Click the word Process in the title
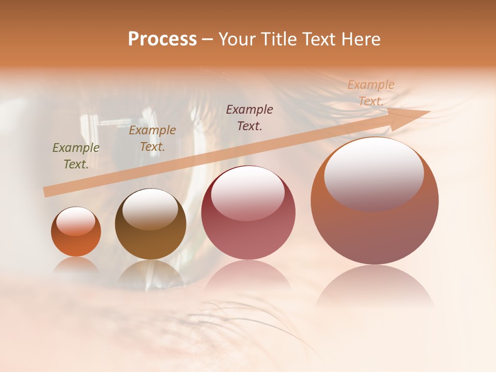(162, 39)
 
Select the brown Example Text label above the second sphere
(152, 138)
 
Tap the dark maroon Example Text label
(250, 117)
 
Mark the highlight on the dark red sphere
(248, 193)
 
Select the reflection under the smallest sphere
(76, 265)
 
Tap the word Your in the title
(237, 39)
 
